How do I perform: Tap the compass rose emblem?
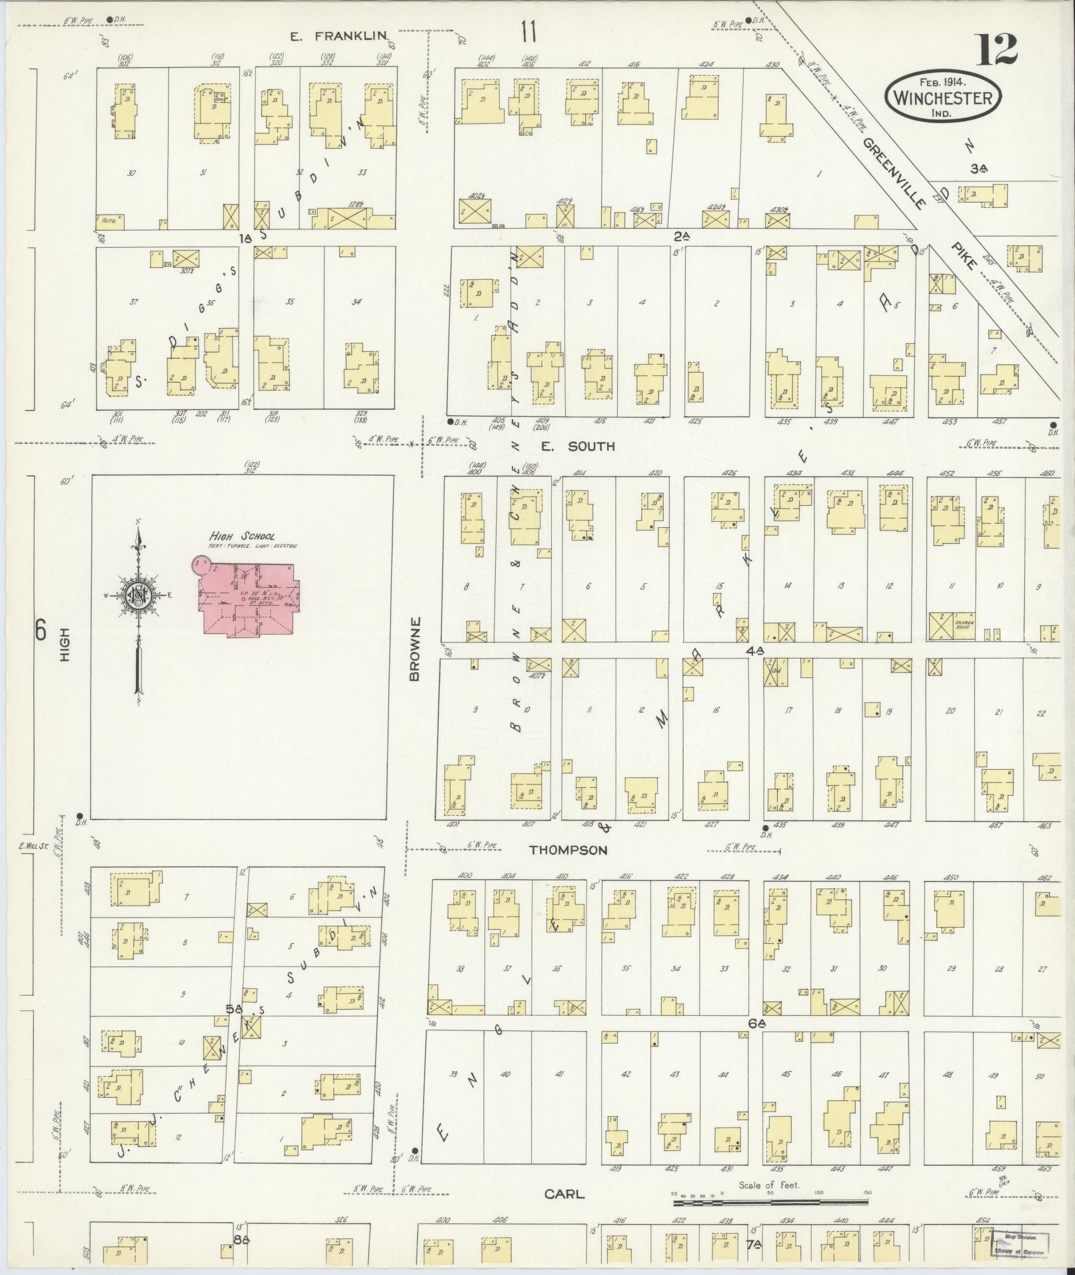coord(138,595)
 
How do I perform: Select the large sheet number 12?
coord(997,50)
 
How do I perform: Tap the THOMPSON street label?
coord(568,850)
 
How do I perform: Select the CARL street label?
coord(564,1194)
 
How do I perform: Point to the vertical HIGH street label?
coord(65,647)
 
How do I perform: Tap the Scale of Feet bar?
coord(770,1202)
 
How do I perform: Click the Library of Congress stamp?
coord(1019,1244)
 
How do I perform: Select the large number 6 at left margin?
coord(41,630)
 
